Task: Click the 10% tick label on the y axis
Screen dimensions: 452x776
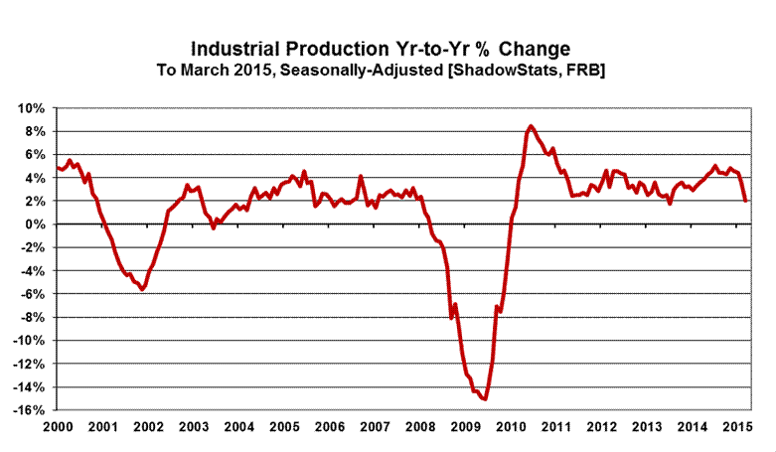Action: click(33, 108)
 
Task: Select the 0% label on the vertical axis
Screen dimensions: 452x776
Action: click(37, 225)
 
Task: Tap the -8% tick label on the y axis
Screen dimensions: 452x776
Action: click(33, 318)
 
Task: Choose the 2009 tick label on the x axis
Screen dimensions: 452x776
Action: click(465, 427)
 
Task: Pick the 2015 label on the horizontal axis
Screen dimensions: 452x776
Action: click(737, 427)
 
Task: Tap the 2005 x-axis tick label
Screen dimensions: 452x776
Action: click(283, 427)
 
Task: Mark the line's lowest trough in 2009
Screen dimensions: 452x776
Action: click(485, 399)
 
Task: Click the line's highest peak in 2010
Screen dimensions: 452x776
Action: click(531, 126)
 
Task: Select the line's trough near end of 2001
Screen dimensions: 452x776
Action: click(143, 289)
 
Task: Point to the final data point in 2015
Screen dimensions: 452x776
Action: click(745, 201)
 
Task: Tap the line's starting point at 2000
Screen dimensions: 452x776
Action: click(58, 168)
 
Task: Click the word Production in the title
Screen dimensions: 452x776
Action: click(346, 49)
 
